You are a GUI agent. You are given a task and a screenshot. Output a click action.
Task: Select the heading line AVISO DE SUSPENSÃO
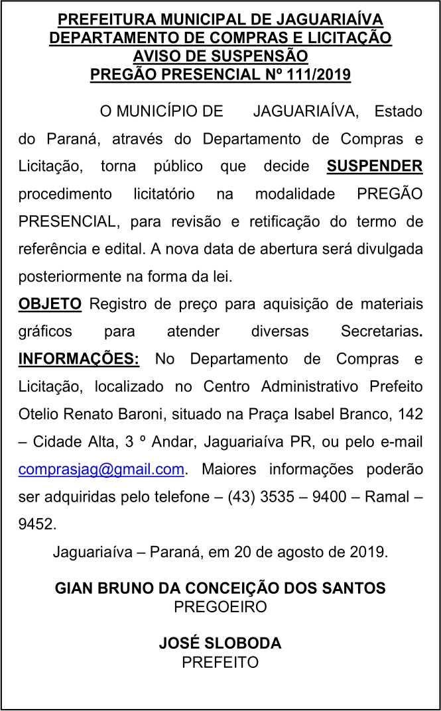pos(220,56)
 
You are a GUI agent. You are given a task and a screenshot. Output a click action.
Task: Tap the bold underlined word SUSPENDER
pos(375,165)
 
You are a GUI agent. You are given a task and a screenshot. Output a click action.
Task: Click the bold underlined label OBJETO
pos(50,304)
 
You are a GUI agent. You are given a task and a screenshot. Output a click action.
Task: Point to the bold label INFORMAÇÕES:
pos(79,359)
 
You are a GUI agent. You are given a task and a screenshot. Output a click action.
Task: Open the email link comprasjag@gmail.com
pos(101,469)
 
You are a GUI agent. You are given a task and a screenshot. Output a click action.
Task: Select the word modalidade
pos(294,193)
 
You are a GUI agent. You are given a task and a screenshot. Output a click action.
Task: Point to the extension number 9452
pos(37,524)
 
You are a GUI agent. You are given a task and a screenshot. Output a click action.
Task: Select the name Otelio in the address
pos(38,414)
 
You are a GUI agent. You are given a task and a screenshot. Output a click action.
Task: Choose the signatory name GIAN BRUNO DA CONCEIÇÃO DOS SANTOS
pos(220,587)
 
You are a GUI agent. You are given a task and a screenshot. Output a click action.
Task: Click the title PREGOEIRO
pos(220,606)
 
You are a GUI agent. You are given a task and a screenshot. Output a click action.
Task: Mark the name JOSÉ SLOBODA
pos(220,643)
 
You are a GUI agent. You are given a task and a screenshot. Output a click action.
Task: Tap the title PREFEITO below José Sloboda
pos(220,661)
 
